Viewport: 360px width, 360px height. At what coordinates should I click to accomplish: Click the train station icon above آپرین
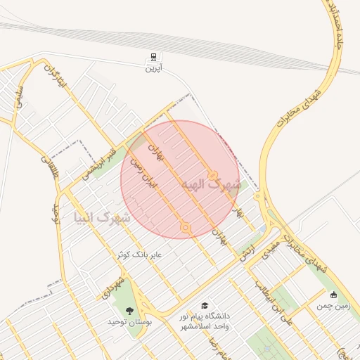click(x=153, y=57)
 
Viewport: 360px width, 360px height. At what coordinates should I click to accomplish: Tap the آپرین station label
click(x=153, y=69)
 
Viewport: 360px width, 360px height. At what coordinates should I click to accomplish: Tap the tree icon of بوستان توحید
click(x=129, y=310)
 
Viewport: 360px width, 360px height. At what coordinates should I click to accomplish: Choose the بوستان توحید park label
click(x=129, y=321)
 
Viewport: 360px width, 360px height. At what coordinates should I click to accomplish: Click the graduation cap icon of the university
click(x=205, y=306)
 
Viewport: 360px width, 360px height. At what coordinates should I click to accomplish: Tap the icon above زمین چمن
click(x=333, y=295)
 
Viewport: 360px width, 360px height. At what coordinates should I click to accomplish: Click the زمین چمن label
click(x=332, y=306)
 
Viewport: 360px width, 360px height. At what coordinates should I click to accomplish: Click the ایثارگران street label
click(x=55, y=79)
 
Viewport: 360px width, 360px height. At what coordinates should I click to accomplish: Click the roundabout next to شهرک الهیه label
click(x=212, y=174)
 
